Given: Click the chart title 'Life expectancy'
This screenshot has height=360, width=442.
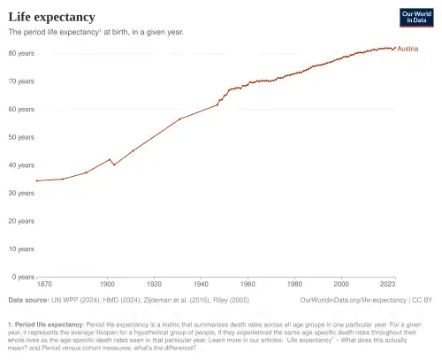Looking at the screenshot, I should (x=52, y=17).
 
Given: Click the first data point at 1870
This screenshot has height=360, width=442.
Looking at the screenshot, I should (x=37, y=180).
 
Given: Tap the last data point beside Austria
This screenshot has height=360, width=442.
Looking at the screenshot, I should (x=394, y=48).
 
